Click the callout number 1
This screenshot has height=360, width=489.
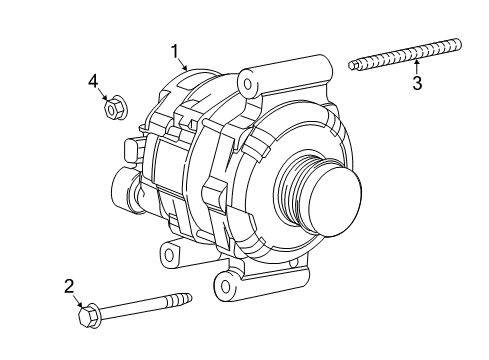click(x=174, y=49)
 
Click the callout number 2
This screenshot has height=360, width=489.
click(x=69, y=287)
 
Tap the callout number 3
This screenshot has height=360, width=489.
click(x=417, y=84)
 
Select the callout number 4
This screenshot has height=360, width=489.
click(x=93, y=80)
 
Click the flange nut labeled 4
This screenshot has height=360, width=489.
click(x=113, y=106)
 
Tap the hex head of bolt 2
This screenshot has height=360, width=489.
click(x=85, y=318)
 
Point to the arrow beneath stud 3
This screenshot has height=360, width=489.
click(x=417, y=66)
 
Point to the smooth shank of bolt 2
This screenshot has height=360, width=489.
click(x=135, y=307)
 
